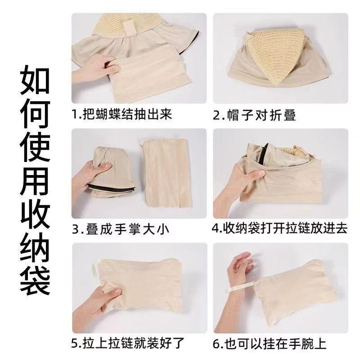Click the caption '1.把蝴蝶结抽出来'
point(122,114)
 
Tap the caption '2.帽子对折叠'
point(254,115)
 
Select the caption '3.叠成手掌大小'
point(121,229)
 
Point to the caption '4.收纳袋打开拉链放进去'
point(279,228)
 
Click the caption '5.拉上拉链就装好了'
point(128,343)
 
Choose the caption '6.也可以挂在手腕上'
point(270,344)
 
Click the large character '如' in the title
point(35,80)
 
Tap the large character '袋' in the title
point(35,282)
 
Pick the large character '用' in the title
point(35,181)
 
